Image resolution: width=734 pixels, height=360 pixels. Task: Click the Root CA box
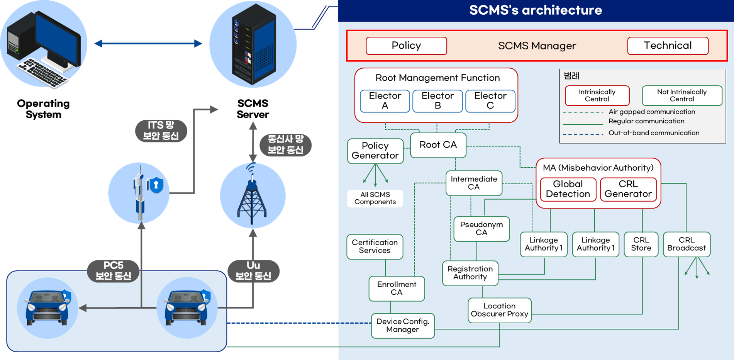coord(438,145)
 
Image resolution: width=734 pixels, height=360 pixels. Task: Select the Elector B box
coord(437,101)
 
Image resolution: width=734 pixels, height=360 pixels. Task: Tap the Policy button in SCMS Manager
coord(406,46)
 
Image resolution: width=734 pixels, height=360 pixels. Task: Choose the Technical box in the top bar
coord(668,46)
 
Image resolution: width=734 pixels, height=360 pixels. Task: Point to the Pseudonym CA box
coord(481,229)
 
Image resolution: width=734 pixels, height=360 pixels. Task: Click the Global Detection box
coord(568,189)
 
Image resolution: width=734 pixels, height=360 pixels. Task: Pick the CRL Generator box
coord(628,189)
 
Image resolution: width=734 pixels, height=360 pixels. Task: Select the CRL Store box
coord(641,244)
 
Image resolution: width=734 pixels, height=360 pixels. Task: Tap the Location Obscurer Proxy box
coord(499,310)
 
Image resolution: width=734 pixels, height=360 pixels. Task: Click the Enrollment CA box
coord(397,289)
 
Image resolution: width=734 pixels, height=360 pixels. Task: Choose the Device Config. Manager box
coord(403,326)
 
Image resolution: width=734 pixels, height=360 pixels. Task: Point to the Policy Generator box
coord(375,151)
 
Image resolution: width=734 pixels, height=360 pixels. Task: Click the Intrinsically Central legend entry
coord(597,95)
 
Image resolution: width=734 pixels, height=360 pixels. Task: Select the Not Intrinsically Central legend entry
coord(682,95)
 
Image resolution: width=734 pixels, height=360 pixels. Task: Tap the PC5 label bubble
coord(113,271)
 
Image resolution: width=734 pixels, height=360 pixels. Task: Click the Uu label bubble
coord(253,271)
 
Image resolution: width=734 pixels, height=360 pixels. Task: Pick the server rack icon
coord(253,44)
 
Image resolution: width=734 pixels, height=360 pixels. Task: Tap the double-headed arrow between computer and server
coord(148,44)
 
